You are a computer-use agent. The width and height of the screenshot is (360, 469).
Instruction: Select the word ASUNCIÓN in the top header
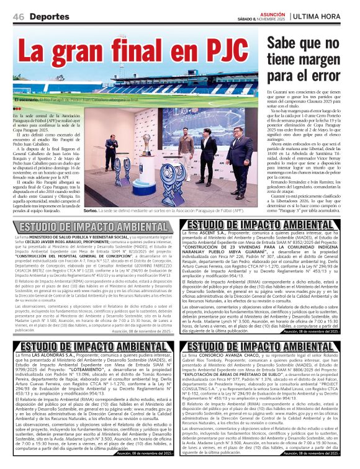pos(273,13)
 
